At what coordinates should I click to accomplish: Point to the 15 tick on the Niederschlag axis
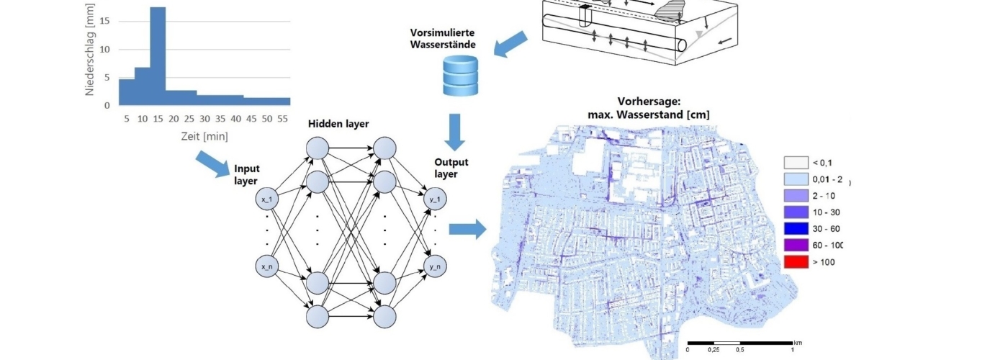point(105,21)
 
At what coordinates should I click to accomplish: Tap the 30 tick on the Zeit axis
point(204,118)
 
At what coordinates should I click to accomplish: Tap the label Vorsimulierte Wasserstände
point(442,39)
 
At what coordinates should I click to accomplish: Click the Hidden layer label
point(338,124)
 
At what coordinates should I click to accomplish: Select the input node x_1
point(267,199)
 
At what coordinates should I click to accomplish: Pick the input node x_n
point(267,266)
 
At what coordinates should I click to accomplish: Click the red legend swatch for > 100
point(795,261)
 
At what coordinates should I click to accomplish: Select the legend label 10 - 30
point(825,212)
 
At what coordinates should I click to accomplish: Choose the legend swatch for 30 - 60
point(795,229)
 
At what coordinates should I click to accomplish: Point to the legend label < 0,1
point(822,163)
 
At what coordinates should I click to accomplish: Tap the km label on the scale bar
point(797,342)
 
